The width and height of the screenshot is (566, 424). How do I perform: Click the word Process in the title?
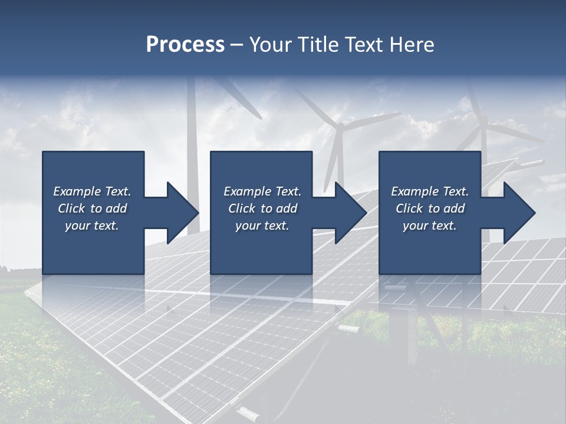[185, 45]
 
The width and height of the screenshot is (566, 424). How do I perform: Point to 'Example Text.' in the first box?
[92, 191]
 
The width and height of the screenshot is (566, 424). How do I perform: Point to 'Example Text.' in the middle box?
[262, 191]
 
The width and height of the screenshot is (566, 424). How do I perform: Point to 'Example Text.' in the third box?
[430, 191]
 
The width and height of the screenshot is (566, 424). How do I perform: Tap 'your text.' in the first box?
[92, 226]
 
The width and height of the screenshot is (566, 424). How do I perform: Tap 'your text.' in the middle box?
[262, 226]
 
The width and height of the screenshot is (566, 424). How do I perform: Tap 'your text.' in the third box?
[430, 226]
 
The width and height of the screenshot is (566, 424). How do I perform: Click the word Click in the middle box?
[242, 208]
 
